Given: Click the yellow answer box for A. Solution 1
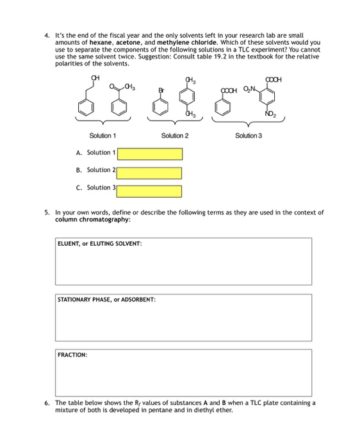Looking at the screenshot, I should coord(149,154).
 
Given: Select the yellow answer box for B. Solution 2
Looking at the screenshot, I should coord(149,173).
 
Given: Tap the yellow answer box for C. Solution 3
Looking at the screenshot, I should coord(149,191).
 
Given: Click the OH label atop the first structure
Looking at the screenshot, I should coord(95,78).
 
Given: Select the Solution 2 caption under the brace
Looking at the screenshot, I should coord(175,136).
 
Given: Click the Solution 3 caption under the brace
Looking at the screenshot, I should coord(249,136).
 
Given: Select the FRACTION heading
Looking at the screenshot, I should coord(72,354).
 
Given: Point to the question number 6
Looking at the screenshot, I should coord(47,403).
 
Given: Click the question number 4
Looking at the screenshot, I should coord(47,34).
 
